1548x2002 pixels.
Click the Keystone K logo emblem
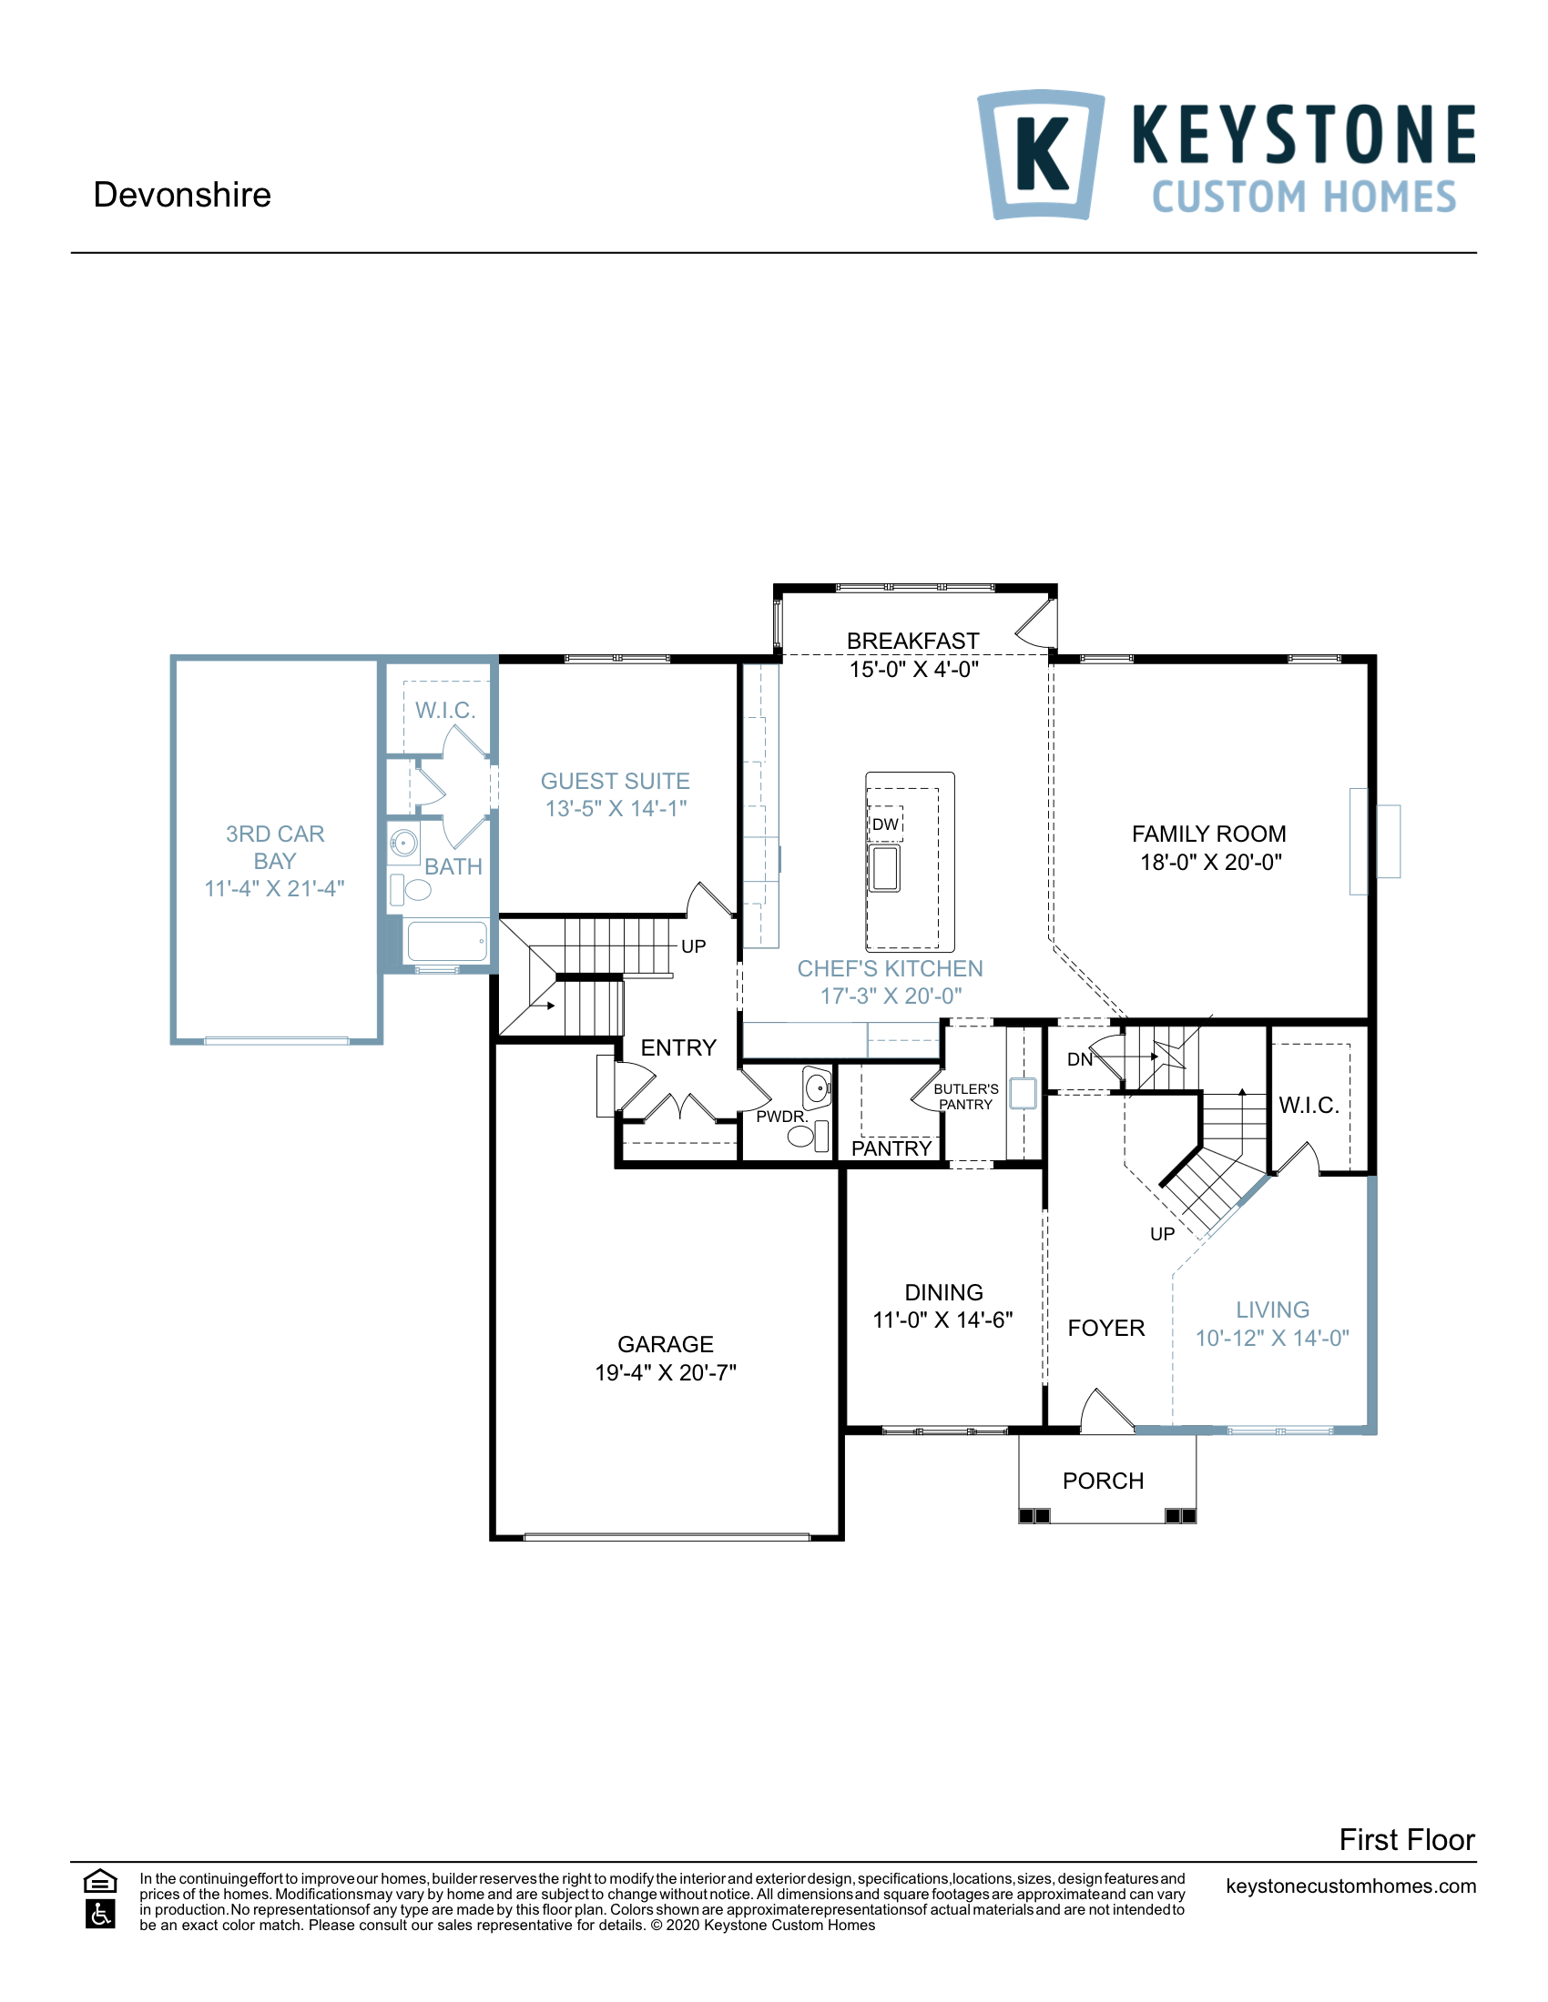click(x=1041, y=154)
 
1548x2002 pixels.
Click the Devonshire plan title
click(x=181, y=196)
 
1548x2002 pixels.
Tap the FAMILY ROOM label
click(x=1207, y=834)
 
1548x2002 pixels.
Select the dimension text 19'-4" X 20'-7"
click(x=665, y=1372)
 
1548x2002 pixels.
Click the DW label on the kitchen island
click(x=885, y=824)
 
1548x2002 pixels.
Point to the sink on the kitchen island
click(x=885, y=867)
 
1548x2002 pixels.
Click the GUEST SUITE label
click(x=615, y=781)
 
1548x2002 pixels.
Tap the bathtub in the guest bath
click(x=446, y=942)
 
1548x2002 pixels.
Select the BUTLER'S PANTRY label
click(x=965, y=1097)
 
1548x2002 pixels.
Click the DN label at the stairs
click(x=1079, y=1059)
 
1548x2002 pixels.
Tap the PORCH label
click(x=1103, y=1481)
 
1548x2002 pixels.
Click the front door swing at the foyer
click(x=1107, y=1411)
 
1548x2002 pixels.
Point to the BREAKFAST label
click(x=912, y=641)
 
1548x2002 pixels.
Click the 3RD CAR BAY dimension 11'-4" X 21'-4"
click(x=274, y=888)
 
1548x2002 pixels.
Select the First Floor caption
click(x=1406, y=1840)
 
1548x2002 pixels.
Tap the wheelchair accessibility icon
click(x=100, y=1914)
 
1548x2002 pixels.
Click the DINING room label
click(x=943, y=1292)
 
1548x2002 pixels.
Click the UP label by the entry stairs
click(x=693, y=946)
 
